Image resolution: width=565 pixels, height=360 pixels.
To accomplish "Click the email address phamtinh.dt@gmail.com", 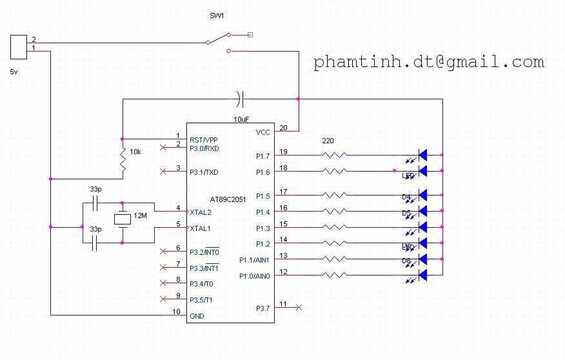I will [429, 62].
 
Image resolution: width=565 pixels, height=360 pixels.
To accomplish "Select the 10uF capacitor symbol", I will [240, 99].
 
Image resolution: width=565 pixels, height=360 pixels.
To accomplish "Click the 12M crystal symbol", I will [122, 219].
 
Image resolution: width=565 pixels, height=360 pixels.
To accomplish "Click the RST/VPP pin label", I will [204, 139].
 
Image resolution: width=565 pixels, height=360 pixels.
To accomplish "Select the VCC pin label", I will [264, 132].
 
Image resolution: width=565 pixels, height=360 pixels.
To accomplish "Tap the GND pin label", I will [197, 316].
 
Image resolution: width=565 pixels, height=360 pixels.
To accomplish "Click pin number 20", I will [283, 127].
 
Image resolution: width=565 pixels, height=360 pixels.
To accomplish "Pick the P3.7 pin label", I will [264, 308].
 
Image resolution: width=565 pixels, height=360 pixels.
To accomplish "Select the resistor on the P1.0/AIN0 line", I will [335, 275].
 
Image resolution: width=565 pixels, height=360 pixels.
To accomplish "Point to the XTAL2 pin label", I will [201, 212].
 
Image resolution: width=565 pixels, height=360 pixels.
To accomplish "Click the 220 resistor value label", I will [328, 140].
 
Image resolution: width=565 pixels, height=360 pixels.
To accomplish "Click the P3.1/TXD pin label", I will [204, 172].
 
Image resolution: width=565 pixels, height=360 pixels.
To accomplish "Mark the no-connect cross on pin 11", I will [298, 307].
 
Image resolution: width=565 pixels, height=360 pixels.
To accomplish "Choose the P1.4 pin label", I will [263, 212].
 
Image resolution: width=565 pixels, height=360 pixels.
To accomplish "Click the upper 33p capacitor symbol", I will [95, 204].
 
